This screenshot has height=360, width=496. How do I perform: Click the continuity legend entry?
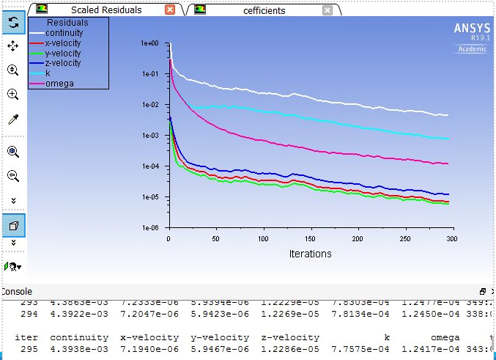pyautogui.click(x=64, y=33)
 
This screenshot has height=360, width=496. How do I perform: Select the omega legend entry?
pyautogui.click(x=59, y=83)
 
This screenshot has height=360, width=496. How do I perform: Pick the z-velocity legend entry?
pyautogui.click(x=63, y=63)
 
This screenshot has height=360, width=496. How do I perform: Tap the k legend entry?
pyautogui.click(x=48, y=73)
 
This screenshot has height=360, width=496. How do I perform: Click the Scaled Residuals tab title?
pyautogui.click(x=106, y=10)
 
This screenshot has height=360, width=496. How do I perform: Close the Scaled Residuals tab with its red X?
pyautogui.click(x=170, y=10)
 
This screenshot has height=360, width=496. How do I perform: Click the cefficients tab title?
pyautogui.click(x=264, y=10)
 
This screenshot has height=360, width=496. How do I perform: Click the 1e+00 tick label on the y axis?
pyautogui.click(x=149, y=44)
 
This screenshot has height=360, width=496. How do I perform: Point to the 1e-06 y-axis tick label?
pyautogui.click(x=149, y=228)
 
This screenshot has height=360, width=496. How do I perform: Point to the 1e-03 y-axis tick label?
pyautogui.click(x=149, y=136)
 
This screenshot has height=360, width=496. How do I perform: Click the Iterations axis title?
pyautogui.click(x=310, y=254)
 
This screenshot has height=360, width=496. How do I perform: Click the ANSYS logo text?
pyautogui.click(x=472, y=29)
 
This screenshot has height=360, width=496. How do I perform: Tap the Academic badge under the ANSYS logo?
pyautogui.click(x=472, y=49)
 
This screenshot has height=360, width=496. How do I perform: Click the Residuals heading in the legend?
pyautogui.click(x=67, y=23)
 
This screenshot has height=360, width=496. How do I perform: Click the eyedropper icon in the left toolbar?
pyautogui.click(x=12, y=120)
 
